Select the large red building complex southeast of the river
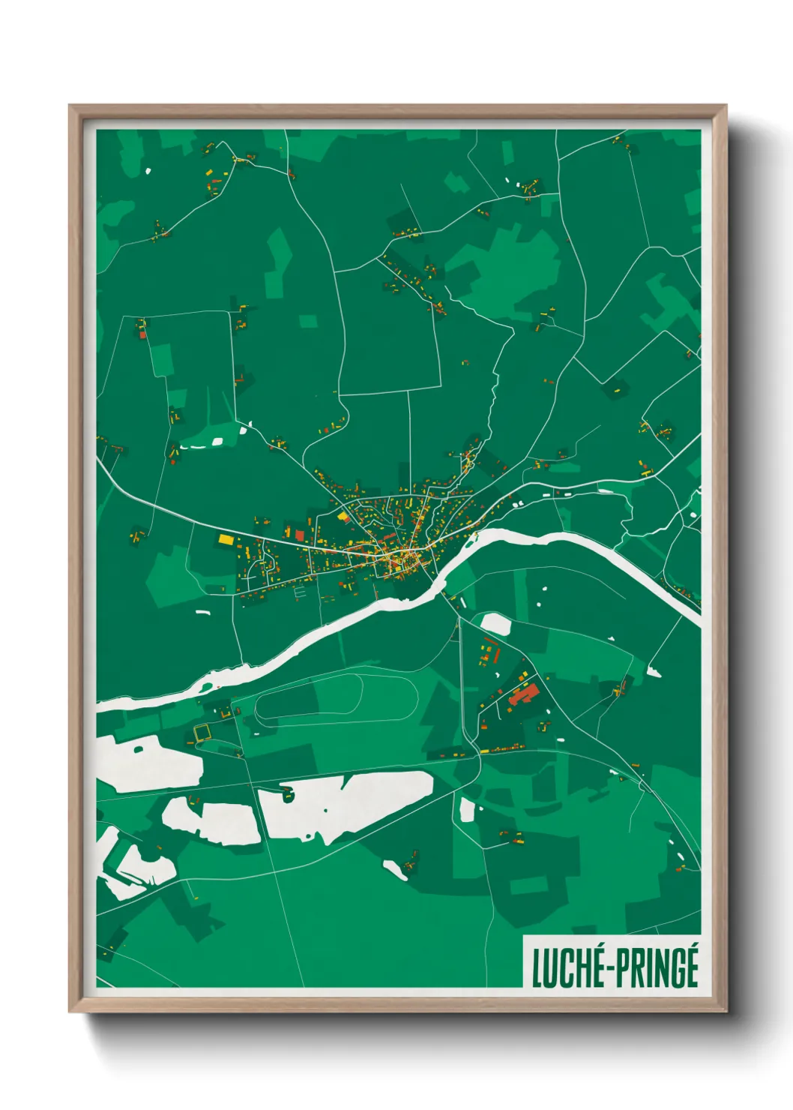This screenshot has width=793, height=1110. [522, 694]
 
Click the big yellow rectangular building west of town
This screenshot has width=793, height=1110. [226, 538]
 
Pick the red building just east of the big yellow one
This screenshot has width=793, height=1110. [300, 535]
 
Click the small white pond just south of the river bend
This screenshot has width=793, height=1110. [495, 622]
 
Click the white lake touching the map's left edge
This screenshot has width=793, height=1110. [146, 763]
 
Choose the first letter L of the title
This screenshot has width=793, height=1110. [537, 969]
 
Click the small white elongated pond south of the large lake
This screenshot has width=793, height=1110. [395, 868]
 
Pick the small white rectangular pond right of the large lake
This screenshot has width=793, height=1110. [467, 809]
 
